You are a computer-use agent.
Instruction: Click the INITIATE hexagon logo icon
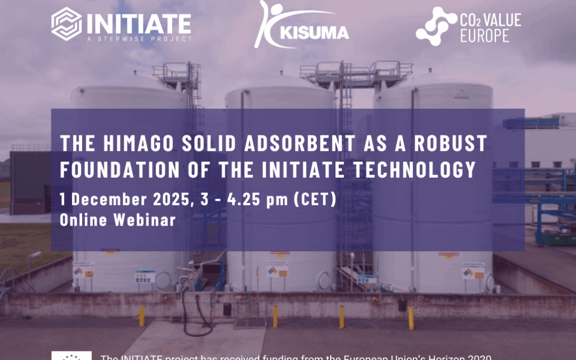click(x=67, y=24)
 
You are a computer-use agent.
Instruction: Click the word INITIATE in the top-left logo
click(x=138, y=23)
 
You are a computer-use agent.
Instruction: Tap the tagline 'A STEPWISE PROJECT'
click(x=138, y=39)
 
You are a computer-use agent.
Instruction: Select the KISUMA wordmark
click(x=317, y=33)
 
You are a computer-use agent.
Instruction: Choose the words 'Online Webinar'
click(x=118, y=220)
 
